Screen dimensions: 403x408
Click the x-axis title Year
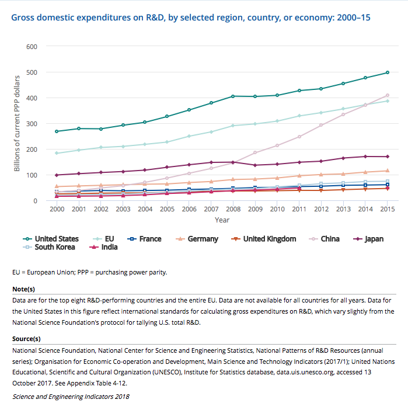click(x=222, y=220)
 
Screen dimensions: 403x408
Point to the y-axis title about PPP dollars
click(x=18, y=123)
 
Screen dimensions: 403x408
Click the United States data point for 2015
click(x=387, y=72)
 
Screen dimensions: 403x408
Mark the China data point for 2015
click(x=387, y=95)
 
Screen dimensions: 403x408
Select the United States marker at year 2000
click(x=57, y=131)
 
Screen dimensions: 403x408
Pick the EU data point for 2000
click(x=57, y=153)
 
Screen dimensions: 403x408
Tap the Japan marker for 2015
click(x=387, y=157)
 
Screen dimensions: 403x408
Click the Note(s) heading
click(x=24, y=289)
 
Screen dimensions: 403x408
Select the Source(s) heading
click(x=27, y=339)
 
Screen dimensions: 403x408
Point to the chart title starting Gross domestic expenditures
click(x=190, y=18)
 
